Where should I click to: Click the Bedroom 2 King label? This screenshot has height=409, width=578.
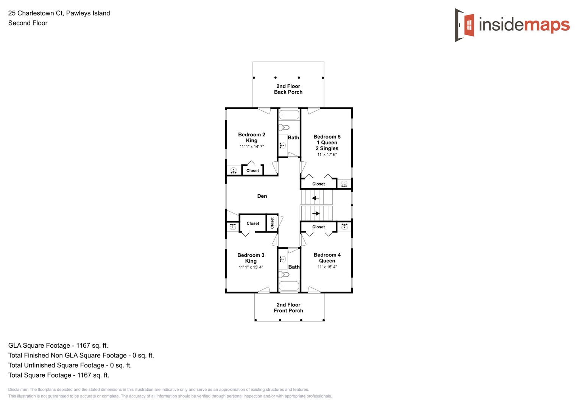tap(251, 137)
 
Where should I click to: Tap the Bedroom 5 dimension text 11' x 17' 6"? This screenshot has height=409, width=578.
tap(327, 155)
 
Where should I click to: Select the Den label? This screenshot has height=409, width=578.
tap(262, 196)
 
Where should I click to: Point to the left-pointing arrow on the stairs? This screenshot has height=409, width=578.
tap(315, 198)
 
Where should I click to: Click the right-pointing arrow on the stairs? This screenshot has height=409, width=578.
tap(316, 214)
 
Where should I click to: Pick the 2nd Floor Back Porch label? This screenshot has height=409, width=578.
tap(288, 89)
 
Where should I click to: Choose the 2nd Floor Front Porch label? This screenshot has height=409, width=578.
tap(288, 308)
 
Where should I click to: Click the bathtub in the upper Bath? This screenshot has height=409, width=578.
tap(289, 115)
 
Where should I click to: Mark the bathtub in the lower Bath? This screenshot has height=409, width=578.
tap(289, 286)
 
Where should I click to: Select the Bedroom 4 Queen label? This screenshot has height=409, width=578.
tap(327, 258)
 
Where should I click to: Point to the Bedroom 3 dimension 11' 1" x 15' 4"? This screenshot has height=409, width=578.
tap(251, 267)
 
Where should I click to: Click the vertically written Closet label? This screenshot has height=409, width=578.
tap(272, 223)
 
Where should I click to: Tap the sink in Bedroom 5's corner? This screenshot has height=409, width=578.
tap(344, 184)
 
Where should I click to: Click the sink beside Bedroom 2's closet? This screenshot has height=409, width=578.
tap(234, 171)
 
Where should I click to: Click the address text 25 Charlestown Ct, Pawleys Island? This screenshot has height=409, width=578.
tap(59, 13)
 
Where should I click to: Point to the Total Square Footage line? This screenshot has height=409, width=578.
tap(59, 375)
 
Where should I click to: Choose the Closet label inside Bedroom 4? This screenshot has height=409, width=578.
tap(318, 227)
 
